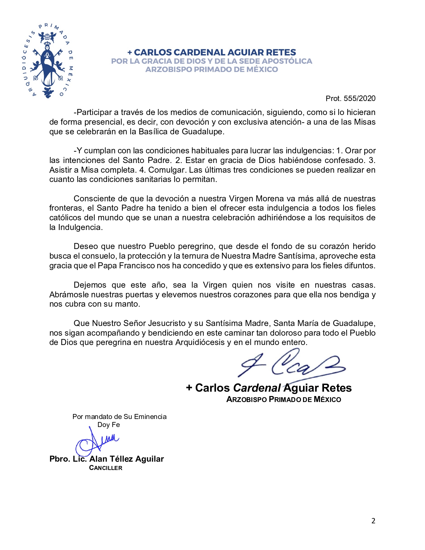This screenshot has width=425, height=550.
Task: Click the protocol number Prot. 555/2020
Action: pos(350,98)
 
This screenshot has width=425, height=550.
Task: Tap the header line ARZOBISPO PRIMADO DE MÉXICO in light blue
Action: pos(212,69)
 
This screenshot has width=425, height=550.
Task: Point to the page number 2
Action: pos(373,521)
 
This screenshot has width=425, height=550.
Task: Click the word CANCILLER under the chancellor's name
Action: pos(106,468)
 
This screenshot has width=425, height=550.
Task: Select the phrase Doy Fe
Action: pos(109,425)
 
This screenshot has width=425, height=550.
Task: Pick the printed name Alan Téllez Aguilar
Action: pos(127,459)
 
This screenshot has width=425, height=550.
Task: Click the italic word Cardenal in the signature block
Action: pos(257,388)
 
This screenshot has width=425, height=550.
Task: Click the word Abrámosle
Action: pos(69,295)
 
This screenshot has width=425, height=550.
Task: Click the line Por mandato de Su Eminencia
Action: pos(119,417)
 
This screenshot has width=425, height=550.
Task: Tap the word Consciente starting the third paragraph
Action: pos(96,199)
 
